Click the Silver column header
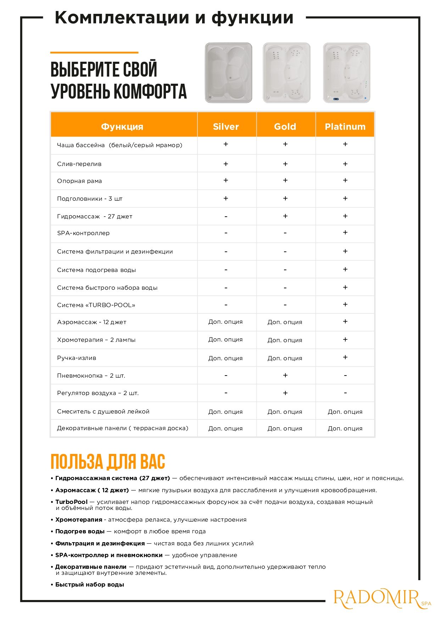point(226,127)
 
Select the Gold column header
point(285,127)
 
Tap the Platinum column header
point(345,127)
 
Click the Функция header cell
point(122,127)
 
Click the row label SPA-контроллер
point(83,233)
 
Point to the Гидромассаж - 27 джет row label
point(95,216)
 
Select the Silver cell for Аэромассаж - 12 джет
point(225,322)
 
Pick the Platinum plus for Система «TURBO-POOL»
point(345,305)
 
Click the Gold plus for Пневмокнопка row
point(285,375)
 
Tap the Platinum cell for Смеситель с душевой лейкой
point(345,412)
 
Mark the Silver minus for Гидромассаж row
point(226,216)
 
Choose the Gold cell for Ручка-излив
point(285,358)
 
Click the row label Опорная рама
point(79,181)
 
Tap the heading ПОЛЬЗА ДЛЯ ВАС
point(108,462)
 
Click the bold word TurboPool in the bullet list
point(71,502)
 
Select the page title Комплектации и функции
point(174,18)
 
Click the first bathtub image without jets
point(229,73)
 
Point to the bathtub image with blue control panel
point(346,73)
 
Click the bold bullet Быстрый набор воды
point(90,585)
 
